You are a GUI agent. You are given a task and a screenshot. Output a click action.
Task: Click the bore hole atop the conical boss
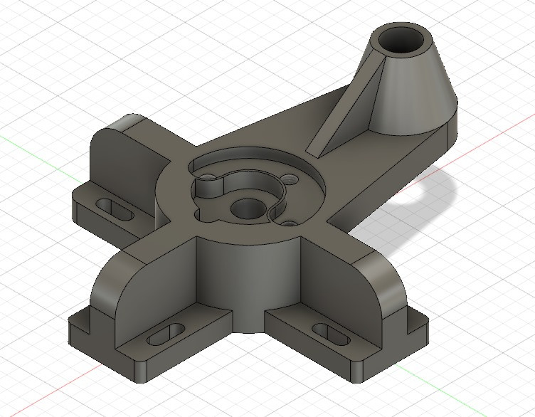pyautogui.click(x=402, y=41)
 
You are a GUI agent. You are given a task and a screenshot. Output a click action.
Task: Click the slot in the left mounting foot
pyautogui.click(x=113, y=208)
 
